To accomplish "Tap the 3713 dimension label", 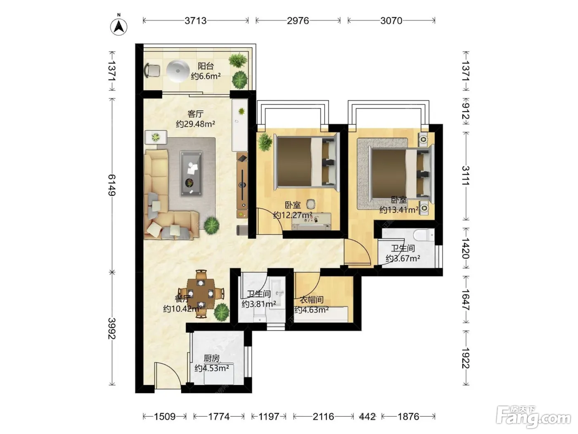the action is pyautogui.click(x=195, y=21).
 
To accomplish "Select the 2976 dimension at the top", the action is pyautogui.click(x=298, y=21).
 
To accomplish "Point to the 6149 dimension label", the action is pyautogui.click(x=112, y=185).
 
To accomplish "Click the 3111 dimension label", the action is pyautogui.click(x=466, y=176).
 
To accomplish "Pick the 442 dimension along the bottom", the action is pyautogui.click(x=367, y=417).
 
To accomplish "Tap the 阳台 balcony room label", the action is pyautogui.click(x=206, y=66).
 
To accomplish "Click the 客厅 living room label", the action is pyautogui.click(x=195, y=114).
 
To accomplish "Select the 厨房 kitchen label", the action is pyautogui.click(x=212, y=358).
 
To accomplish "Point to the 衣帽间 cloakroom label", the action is pyautogui.click(x=312, y=300).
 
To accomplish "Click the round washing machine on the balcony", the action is pyautogui.click(x=178, y=71).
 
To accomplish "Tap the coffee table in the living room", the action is pyautogui.click(x=192, y=174).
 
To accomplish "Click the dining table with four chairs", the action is pyautogui.click(x=201, y=293).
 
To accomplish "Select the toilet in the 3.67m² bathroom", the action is pyautogui.click(x=424, y=235).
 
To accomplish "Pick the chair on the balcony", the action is pyautogui.click(x=152, y=71).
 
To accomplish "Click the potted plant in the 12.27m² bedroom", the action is pyautogui.click(x=265, y=142).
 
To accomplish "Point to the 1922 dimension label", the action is pyautogui.click(x=466, y=358).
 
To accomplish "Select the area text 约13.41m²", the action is pyautogui.click(x=399, y=210).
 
